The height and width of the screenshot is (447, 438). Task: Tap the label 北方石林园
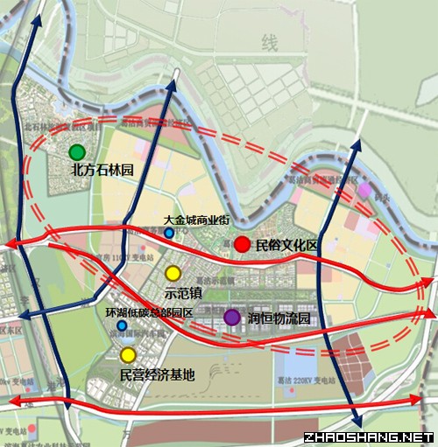[x=102, y=171]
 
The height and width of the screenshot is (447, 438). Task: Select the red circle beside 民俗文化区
[x=242, y=246]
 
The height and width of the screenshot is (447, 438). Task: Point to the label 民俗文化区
[x=286, y=247]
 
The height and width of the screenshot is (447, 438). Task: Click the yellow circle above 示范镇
[x=173, y=273]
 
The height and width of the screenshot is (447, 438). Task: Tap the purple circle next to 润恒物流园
[x=232, y=318]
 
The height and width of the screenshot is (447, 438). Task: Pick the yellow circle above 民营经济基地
[x=129, y=354]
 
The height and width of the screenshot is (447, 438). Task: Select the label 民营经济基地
[x=158, y=374]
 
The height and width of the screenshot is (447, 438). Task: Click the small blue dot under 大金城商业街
[x=169, y=234]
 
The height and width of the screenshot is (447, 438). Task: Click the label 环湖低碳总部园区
[x=149, y=312]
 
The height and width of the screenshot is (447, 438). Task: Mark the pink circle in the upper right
[x=364, y=190]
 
